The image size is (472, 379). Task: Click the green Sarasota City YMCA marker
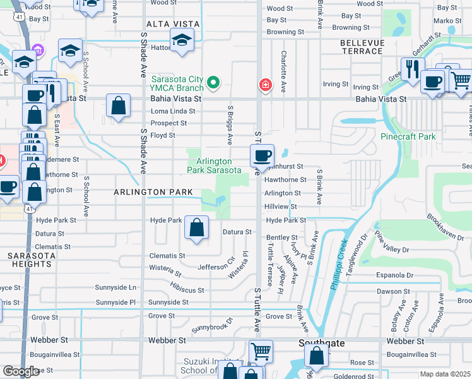(213, 83)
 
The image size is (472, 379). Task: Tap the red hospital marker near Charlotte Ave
(266, 85)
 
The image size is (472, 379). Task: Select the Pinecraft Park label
(408, 136)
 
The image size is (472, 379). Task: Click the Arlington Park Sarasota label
(214, 166)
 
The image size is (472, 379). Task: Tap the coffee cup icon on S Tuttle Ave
(262, 155)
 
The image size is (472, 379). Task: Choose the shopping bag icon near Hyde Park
(197, 227)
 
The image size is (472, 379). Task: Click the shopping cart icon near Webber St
(261, 351)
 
